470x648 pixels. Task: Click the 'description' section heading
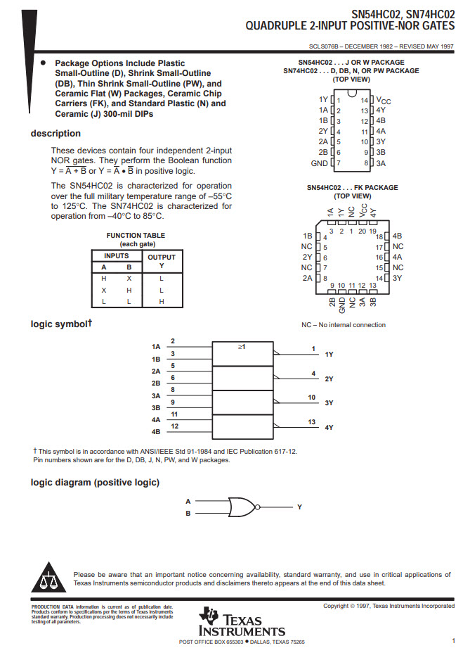point(56,134)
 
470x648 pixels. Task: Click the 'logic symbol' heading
point(61,324)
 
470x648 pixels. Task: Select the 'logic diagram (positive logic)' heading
point(95,482)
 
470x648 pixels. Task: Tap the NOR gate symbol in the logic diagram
point(242,507)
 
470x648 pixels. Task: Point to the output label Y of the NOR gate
point(299,507)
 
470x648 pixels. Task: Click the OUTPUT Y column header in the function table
point(161,261)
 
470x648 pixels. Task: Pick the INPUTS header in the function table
point(117,256)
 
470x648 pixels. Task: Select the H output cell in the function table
point(161,301)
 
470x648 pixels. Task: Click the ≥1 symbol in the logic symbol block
point(242,348)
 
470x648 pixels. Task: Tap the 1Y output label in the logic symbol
point(329,355)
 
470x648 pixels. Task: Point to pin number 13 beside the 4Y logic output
point(312,421)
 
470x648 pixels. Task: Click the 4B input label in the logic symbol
point(156,431)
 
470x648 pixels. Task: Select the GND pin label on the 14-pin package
point(319,163)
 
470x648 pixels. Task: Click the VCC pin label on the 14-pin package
point(384,101)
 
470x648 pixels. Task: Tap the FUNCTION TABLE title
point(136,236)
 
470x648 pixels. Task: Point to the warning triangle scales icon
point(49,578)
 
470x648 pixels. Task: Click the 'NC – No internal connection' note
point(344,325)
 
